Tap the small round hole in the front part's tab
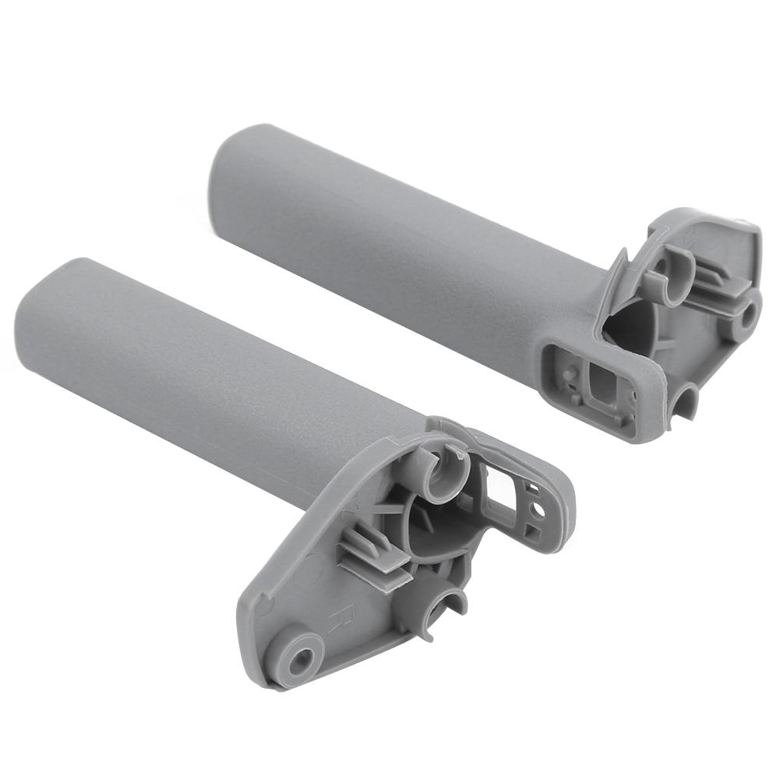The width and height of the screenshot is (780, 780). [538, 510]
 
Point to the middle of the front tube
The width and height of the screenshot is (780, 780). [210, 382]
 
